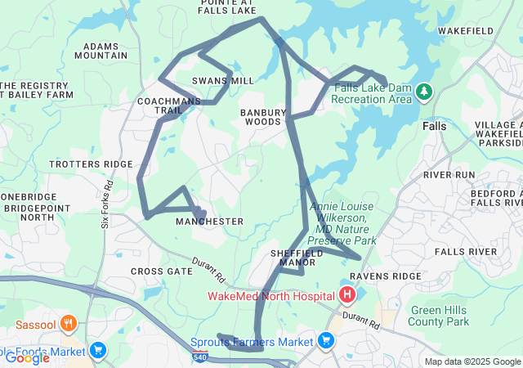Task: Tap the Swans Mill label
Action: (x=212, y=81)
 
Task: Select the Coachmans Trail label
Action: (x=169, y=105)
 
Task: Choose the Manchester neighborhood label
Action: (x=209, y=222)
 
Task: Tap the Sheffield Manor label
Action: (x=297, y=258)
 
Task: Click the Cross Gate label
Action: (x=161, y=271)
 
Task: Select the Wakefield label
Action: (x=465, y=30)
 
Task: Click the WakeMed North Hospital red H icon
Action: (x=347, y=294)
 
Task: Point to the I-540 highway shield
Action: (x=200, y=357)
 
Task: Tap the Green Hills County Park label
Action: (x=440, y=316)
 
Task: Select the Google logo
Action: (x=27, y=357)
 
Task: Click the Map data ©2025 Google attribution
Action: (x=472, y=361)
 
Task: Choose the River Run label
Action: (x=449, y=175)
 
